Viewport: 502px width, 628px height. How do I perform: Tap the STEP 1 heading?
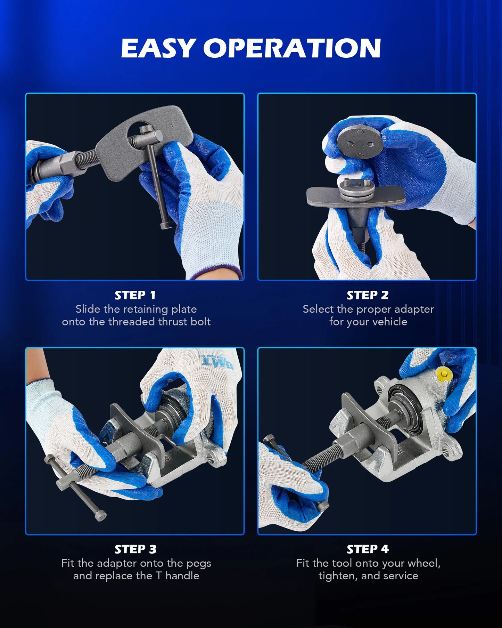(135, 295)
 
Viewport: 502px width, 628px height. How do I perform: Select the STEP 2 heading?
(368, 295)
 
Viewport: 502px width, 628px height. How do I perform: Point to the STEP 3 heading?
(135, 549)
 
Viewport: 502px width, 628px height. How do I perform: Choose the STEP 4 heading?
(368, 549)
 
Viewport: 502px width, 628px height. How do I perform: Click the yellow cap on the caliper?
(444, 375)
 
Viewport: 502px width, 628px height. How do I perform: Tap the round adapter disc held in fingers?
(360, 141)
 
